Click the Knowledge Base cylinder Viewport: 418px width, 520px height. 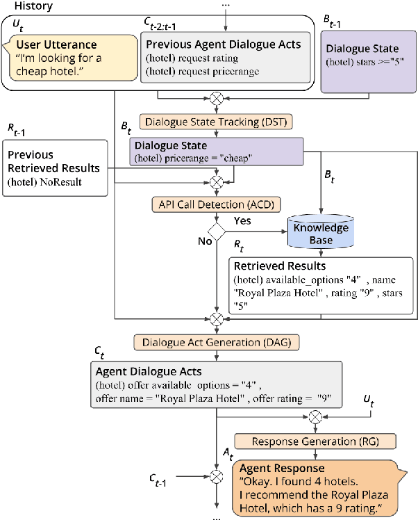[x=321, y=234]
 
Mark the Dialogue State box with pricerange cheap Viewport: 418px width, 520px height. [x=217, y=152]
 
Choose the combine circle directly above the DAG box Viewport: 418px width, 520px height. [x=217, y=319]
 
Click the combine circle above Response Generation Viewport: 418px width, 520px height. [x=315, y=417]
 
